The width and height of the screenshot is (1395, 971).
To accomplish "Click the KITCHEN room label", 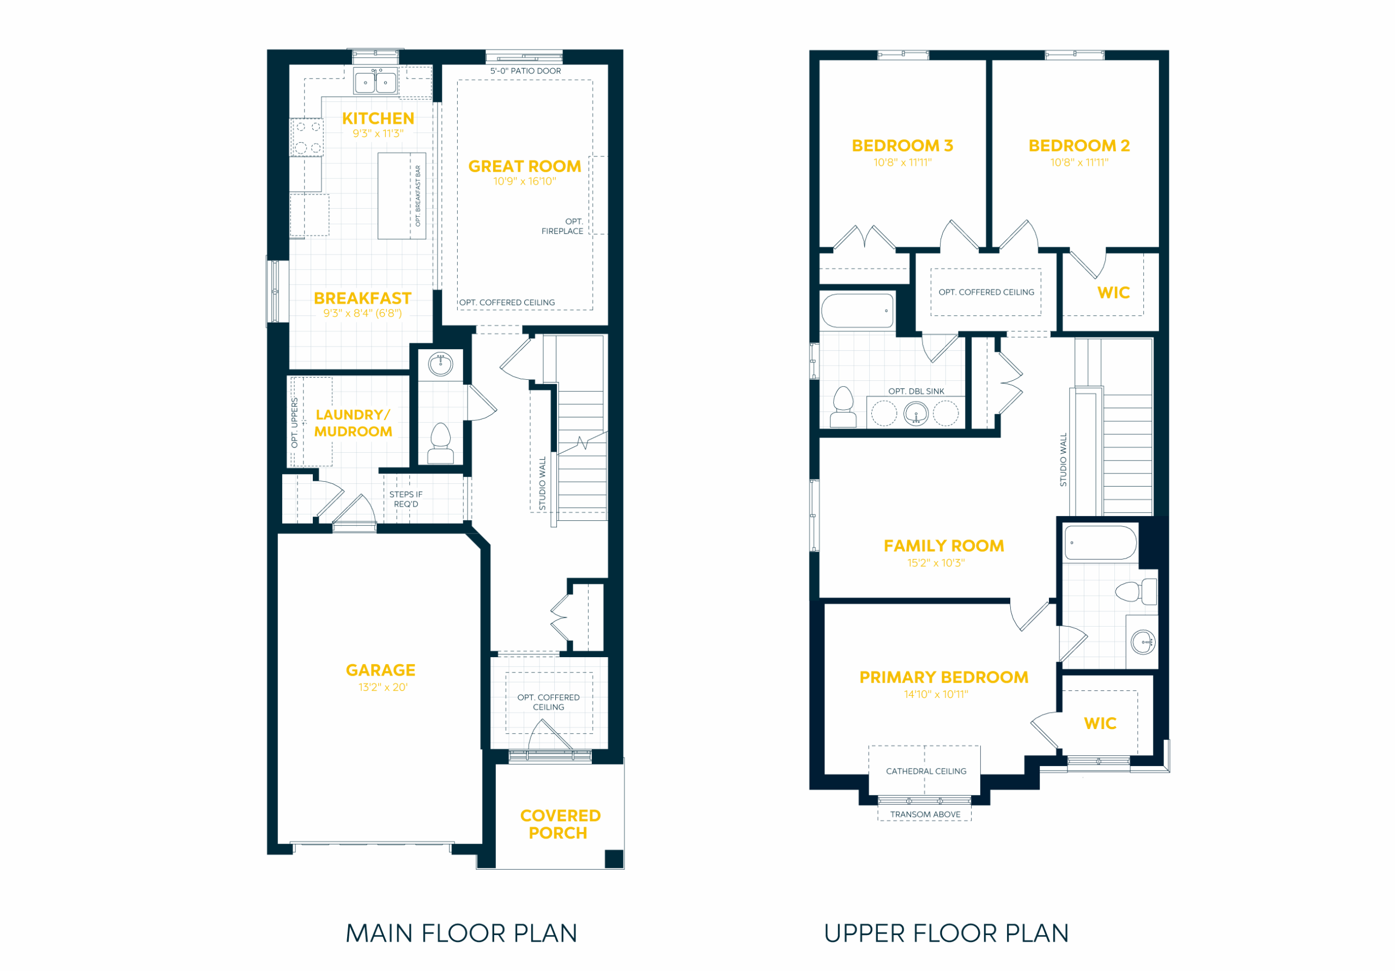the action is pyautogui.click(x=378, y=118).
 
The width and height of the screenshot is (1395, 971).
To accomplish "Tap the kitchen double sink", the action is pyautogui.click(x=375, y=81).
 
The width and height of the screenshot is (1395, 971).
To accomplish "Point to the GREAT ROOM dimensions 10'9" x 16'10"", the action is pyautogui.click(x=524, y=181).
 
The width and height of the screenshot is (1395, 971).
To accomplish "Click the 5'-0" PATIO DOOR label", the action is pyautogui.click(x=525, y=71).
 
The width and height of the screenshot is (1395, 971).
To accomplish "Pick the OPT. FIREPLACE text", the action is pyautogui.click(x=562, y=226).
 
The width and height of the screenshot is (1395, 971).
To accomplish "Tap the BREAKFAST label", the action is pyautogui.click(x=363, y=299).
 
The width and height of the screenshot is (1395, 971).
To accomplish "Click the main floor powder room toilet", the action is pyautogui.click(x=441, y=444).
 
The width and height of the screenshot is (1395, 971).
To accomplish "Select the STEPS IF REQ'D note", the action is pyautogui.click(x=406, y=499).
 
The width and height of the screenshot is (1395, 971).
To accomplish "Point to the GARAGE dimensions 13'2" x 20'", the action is pyautogui.click(x=383, y=687).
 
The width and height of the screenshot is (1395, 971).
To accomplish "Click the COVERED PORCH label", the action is pyautogui.click(x=560, y=824).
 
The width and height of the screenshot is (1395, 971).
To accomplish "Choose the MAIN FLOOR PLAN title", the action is pyautogui.click(x=461, y=933).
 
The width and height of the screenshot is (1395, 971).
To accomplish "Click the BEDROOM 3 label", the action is pyautogui.click(x=902, y=146).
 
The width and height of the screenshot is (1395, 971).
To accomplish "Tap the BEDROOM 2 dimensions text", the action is pyautogui.click(x=1079, y=162).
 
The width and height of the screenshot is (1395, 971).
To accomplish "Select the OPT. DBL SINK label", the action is pyautogui.click(x=916, y=391).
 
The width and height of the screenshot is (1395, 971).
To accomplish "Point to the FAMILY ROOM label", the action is pyautogui.click(x=944, y=545).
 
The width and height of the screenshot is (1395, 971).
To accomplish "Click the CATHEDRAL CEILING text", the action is pyautogui.click(x=926, y=771).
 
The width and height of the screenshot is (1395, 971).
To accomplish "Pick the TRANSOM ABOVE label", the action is pyautogui.click(x=925, y=814).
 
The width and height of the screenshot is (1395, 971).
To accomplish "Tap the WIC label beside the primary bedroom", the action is pyautogui.click(x=1100, y=723).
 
